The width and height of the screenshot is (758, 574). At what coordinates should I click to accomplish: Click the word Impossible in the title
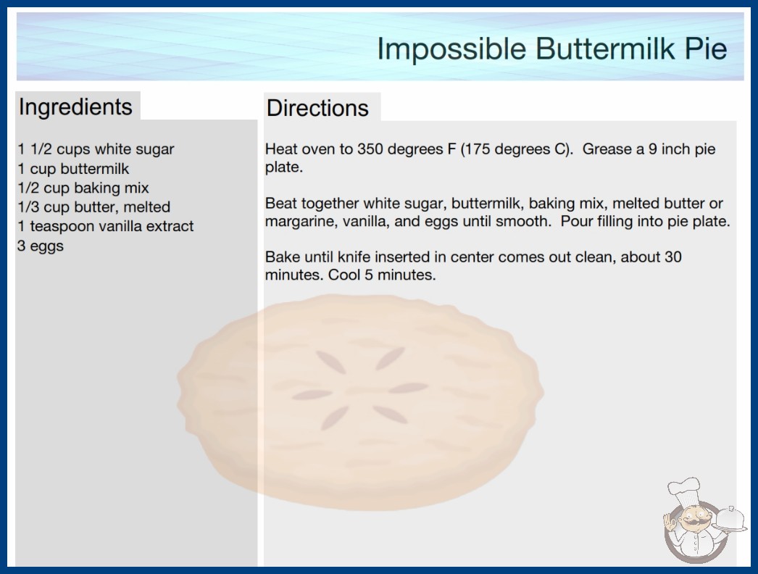tap(451, 49)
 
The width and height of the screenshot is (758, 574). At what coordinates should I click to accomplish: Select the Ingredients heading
tap(75, 107)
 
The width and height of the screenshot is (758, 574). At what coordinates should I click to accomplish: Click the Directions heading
tap(317, 108)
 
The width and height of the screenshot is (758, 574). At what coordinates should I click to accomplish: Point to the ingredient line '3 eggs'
tap(41, 246)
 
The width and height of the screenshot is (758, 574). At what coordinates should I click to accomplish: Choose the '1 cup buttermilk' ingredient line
tap(73, 169)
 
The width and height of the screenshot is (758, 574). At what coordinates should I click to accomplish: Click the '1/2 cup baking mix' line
tap(83, 188)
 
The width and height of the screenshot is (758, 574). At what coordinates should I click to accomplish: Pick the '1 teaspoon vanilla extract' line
tap(105, 226)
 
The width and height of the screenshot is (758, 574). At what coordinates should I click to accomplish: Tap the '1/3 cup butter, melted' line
tap(93, 207)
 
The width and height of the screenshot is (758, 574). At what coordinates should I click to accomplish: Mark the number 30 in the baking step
tap(673, 257)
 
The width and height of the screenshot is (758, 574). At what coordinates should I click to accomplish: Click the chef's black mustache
tap(692, 523)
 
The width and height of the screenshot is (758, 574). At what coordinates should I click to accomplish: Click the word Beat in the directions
tap(281, 204)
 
